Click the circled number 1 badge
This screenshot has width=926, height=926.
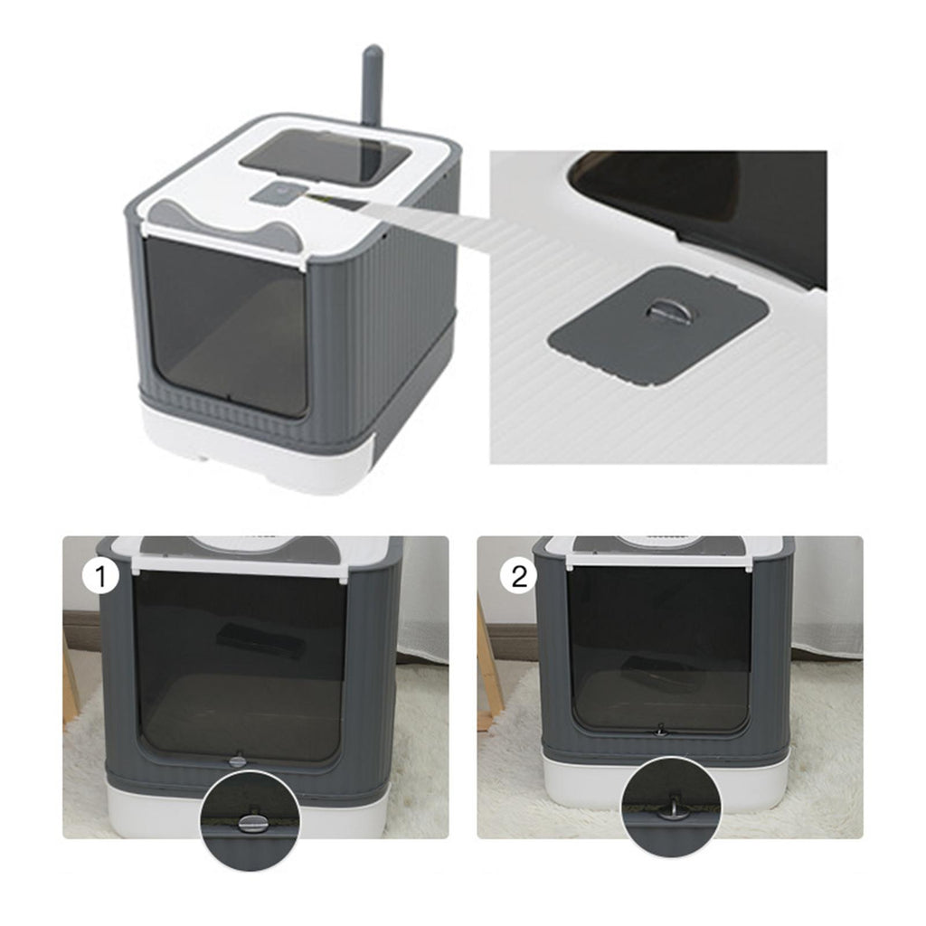(x=101, y=576)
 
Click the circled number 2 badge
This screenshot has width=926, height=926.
(x=519, y=576)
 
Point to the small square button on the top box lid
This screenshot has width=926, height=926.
(x=278, y=194)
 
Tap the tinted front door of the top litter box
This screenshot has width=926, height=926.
(x=226, y=325)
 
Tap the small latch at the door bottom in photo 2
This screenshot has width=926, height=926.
(x=661, y=731)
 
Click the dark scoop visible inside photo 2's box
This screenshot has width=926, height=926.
(x=643, y=669)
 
